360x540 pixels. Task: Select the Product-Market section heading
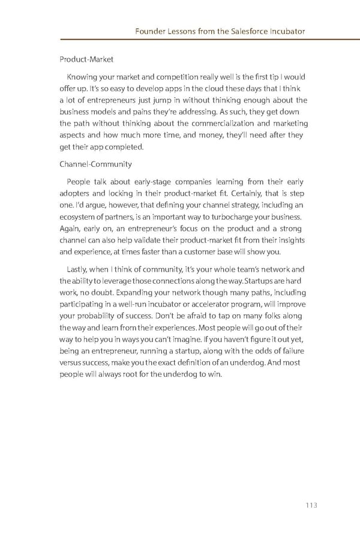tap(86, 59)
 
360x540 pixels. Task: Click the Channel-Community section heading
tap(95, 164)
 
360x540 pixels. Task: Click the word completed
tap(124, 147)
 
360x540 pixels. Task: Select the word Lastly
tap(80, 269)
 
